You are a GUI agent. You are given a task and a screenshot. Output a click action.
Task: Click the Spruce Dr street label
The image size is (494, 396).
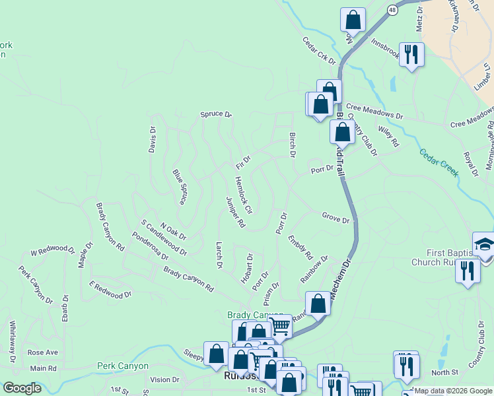[216, 115]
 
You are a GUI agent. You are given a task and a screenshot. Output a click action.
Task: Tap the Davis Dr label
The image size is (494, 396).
[152, 139]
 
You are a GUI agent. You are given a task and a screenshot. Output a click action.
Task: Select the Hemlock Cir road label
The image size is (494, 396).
[244, 195]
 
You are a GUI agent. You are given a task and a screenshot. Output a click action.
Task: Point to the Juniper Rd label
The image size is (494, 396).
[235, 213]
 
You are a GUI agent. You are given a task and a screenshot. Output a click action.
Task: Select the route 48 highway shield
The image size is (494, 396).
[393, 10]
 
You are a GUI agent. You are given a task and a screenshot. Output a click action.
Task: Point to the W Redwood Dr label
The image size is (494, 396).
[53, 250]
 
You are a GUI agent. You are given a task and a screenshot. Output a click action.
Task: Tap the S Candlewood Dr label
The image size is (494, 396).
[164, 238]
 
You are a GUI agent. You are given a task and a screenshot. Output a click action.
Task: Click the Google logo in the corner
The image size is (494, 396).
[22, 388]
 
